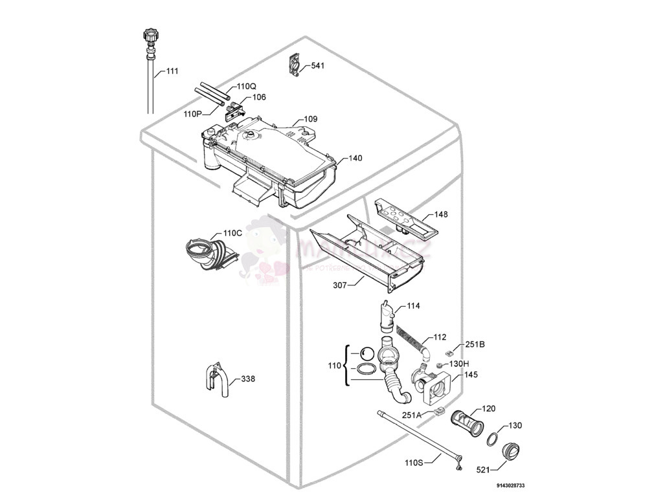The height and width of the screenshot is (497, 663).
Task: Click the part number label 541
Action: click(318, 66)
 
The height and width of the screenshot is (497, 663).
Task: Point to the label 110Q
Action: click(246, 87)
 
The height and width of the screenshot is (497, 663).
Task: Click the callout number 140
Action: click(355, 159)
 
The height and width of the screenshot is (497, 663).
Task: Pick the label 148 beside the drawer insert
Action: click(441, 214)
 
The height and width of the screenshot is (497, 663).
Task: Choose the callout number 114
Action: click(414, 306)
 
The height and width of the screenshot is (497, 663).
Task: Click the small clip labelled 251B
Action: click(449, 353)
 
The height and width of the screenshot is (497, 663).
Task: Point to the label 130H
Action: click(459, 364)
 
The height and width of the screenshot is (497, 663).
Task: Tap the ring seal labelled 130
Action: click(493, 438)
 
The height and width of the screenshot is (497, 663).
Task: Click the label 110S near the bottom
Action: click(414, 462)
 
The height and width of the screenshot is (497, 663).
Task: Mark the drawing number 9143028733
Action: click(511, 485)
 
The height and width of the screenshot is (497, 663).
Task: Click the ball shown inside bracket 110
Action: click(367, 353)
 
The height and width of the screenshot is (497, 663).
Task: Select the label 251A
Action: click(412, 415)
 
